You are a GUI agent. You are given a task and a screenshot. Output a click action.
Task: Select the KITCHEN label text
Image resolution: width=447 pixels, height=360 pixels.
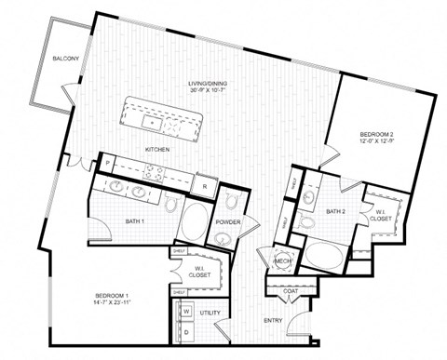(156, 148)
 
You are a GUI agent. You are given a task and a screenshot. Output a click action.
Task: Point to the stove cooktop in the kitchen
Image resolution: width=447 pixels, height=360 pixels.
(154, 170)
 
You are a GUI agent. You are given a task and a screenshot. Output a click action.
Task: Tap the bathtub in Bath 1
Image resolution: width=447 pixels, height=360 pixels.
(196, 224)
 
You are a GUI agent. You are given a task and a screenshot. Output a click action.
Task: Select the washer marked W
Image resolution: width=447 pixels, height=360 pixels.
(185, 311)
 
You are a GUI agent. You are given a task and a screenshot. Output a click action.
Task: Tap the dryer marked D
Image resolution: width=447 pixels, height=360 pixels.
(185, 330)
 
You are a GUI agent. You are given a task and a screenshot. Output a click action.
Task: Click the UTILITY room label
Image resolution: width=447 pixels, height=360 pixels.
(210, 313)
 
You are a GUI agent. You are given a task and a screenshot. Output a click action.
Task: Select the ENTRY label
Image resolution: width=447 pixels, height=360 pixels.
(274, 321)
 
